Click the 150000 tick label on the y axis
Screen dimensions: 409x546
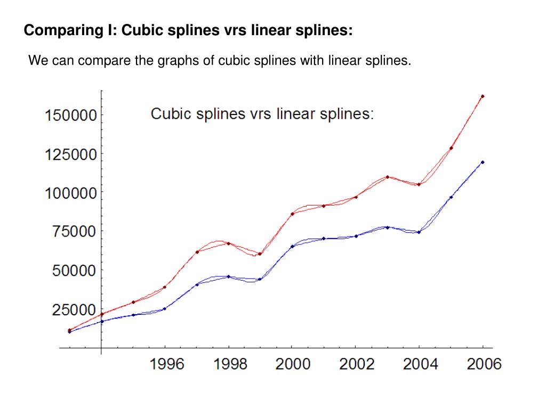70,115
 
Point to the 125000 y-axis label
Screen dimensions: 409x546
70,154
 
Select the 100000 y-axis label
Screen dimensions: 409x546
70,193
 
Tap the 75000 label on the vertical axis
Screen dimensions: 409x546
74,232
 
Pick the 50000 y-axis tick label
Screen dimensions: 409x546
74,271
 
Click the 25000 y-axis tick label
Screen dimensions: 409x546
74,309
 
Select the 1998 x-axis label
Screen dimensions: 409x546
230,364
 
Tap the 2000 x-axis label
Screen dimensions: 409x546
293,364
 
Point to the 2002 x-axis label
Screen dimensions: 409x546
357,364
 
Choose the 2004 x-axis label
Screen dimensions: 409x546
420,364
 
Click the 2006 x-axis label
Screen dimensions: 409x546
484,364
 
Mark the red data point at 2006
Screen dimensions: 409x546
483,96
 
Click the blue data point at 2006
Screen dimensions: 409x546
483,162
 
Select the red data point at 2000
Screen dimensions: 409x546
292,214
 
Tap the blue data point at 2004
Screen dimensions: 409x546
419,232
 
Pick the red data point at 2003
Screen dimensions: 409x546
388,177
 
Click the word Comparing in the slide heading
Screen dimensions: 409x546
60,30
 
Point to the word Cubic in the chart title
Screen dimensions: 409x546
169,114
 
